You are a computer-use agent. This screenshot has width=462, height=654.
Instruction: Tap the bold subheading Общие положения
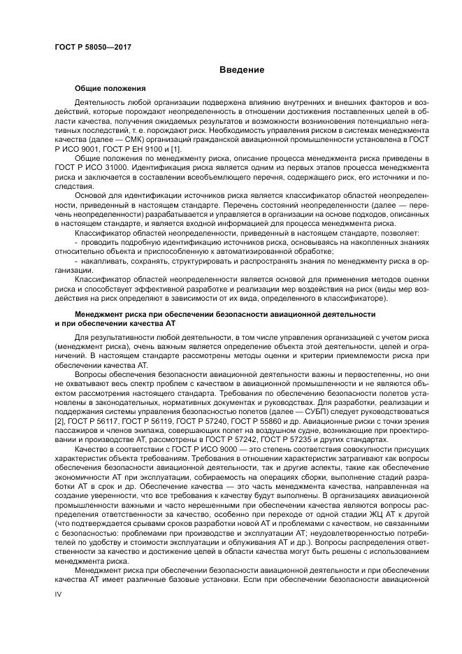(x=110, y=89)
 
